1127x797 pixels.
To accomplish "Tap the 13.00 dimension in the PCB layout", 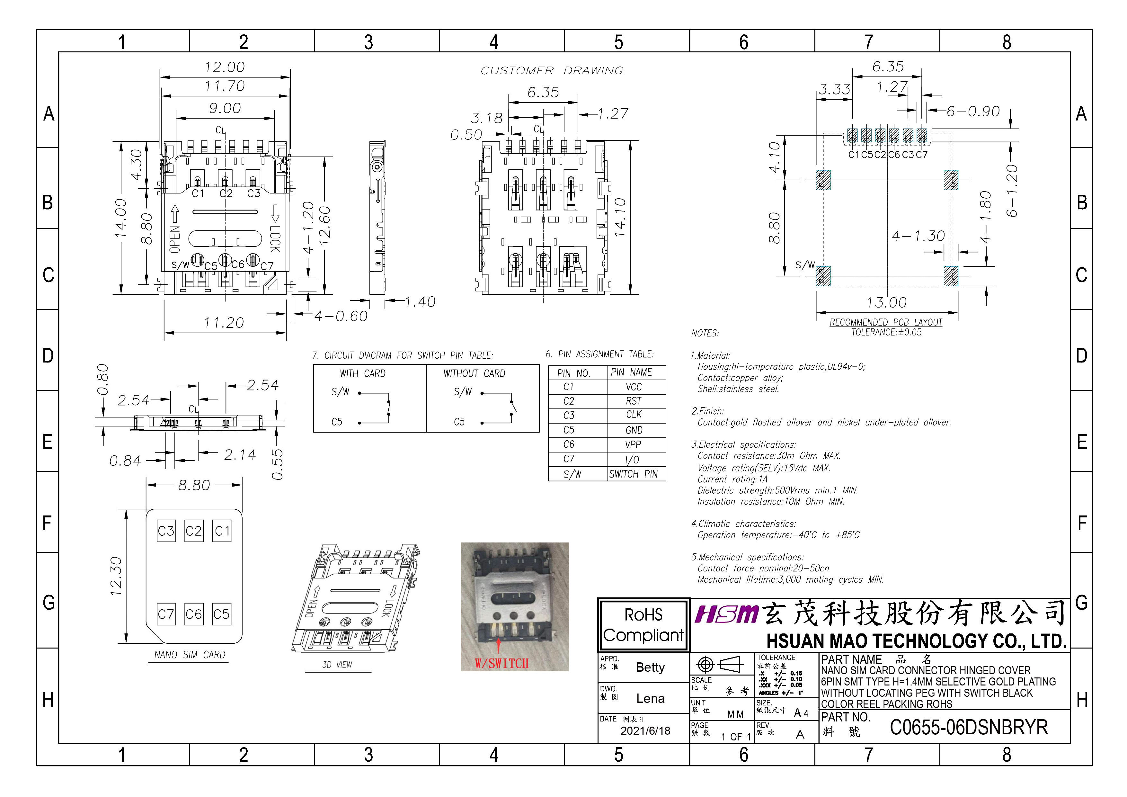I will (x=886, y=302).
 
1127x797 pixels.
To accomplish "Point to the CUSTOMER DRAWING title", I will (x=552, y=71).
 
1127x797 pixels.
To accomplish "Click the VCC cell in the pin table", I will (x=634, y=387).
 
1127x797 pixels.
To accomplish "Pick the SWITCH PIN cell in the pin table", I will (x=633, y=474).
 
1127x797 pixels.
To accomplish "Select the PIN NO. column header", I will (x=573, y=373).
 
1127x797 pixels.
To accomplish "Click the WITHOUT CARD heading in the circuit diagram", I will (x=474, y=374).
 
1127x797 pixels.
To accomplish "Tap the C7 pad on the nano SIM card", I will (x=166, y=614).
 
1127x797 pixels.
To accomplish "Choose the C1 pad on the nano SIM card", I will (x=222, y=531).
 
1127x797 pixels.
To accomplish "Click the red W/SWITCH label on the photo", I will (x=501, y=663).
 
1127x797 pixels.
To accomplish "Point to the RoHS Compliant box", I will (x=643, y=625).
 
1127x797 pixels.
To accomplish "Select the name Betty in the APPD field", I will (x=650, y=667).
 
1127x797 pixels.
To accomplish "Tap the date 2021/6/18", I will (x=645, y=731).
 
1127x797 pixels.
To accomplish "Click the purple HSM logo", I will (x=726, y=614).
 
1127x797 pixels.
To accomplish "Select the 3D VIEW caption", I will (x=337, y=664).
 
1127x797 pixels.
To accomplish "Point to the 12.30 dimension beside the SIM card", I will (x=116, y=576).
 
